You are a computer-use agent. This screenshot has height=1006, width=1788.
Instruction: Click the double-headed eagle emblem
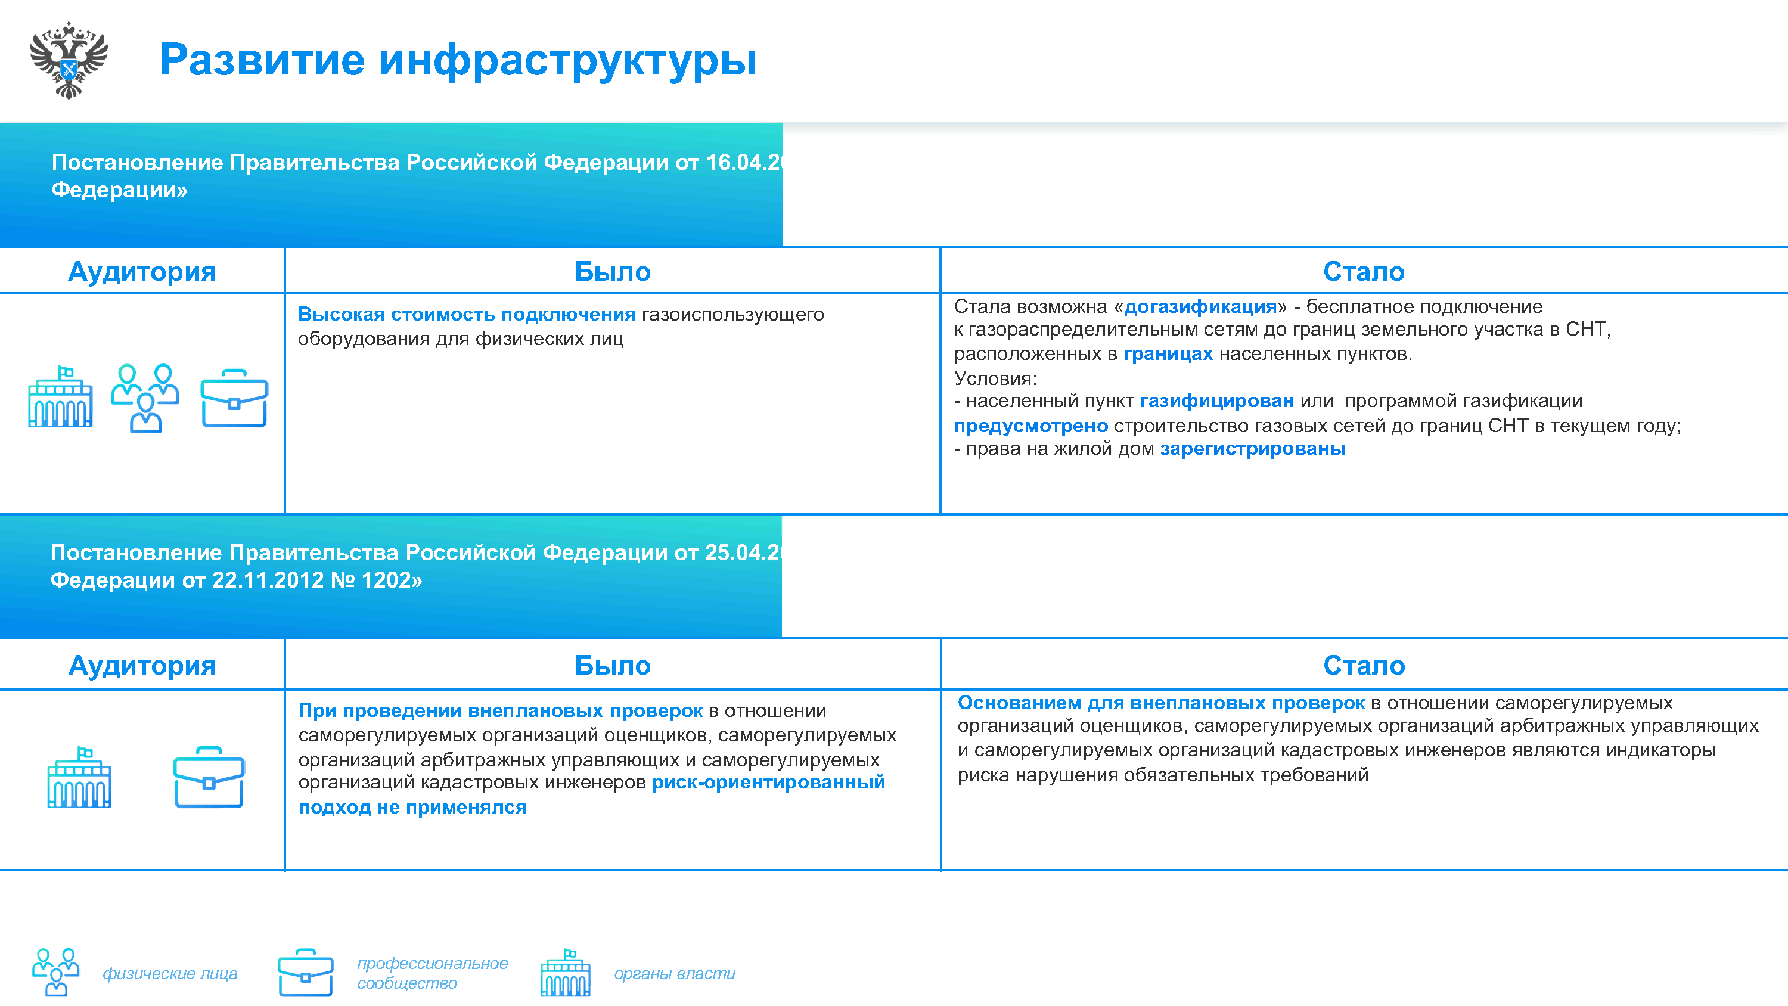click(69, 60)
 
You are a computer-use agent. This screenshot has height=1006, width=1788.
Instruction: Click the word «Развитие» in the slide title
click(262, 60)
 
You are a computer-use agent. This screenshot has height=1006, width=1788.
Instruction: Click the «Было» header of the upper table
click(612, 271)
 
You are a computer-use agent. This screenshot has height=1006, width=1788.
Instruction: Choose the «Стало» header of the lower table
click(1364, 665)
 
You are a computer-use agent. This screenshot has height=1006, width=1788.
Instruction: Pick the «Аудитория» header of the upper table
click(142, 271)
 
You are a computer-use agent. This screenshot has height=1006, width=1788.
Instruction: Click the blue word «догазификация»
click(1200, 306)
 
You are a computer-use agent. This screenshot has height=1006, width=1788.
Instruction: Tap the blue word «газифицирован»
click(1216, 400)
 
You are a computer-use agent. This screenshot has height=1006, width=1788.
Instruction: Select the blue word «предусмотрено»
click(1030, 426)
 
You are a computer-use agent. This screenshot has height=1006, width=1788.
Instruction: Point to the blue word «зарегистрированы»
click(1253, 449)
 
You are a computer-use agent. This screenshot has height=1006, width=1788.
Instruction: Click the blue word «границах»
click(1168, 353)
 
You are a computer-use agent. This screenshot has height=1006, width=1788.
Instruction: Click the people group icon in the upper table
click(146, 398)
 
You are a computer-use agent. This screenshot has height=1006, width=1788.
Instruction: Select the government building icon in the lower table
click(79, 777)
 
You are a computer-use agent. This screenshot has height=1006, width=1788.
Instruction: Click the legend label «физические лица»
click(170, 973)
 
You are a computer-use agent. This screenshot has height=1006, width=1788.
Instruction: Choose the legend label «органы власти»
click(674, 973)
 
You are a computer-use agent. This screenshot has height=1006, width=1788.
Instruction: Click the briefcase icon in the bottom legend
click(305, 972)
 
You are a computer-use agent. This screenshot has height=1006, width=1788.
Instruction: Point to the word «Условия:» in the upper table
click(995, 378)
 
